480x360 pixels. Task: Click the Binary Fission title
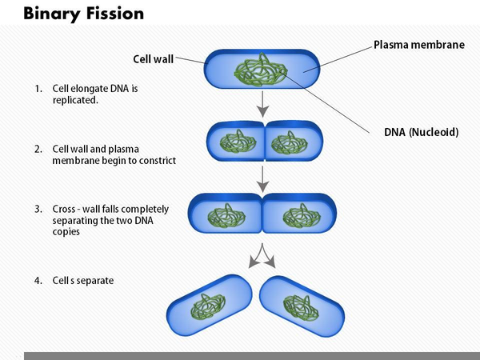pos(73,14)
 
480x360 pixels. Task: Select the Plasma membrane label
pos(418,45)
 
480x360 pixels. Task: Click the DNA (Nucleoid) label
pos(422,132)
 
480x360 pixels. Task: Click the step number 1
pos(38,89)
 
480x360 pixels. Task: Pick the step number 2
pos(38,149)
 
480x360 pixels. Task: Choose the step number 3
pos(38,209)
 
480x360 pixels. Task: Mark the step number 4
pos(38,281)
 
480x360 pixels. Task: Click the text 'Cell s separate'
pos(83,281)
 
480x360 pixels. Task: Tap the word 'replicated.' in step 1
pos(75,101)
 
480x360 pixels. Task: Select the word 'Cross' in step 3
pos(66,209)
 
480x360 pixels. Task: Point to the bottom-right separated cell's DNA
pos(305,306)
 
